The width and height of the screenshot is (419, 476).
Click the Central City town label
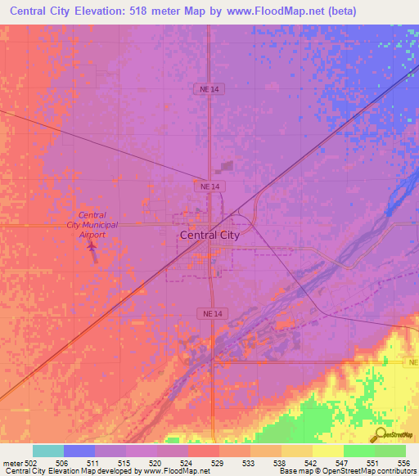(209, 235)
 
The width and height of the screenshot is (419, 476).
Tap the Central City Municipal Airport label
(92, 224)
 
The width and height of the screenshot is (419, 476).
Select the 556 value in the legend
(403, 463)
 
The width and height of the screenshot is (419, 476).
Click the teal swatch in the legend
(48, 451)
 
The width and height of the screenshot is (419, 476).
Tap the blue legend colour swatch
(79, 451)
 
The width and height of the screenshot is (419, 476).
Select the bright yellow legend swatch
(327, 451)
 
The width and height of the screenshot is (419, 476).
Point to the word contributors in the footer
(393, 471)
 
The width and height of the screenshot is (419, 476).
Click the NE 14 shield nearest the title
(211, 88)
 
